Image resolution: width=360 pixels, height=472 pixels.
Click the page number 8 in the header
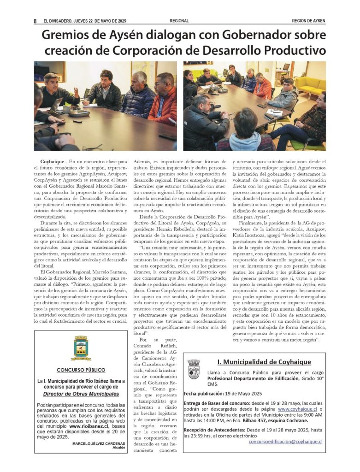click(35, 21)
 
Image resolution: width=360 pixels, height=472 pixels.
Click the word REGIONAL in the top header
click(179, 21)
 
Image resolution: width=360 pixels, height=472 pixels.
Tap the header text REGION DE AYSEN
click(309, 21)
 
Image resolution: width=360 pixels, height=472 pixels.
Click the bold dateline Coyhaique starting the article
click(52, 162)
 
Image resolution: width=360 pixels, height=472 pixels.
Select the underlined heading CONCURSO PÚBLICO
click(81, 370)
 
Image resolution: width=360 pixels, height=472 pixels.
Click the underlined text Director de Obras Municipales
click(81, 394)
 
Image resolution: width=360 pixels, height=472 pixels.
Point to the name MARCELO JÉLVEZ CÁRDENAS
click(96, 443)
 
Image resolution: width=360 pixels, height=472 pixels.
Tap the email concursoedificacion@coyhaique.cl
click(285, 442)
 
